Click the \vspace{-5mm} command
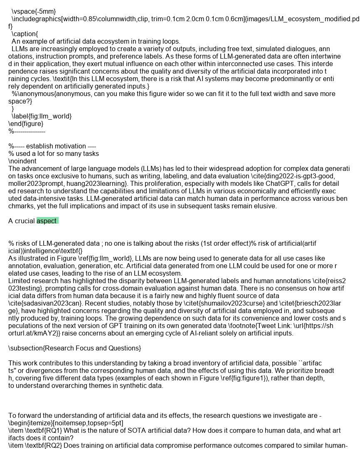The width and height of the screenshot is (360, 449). [x=34, y=11]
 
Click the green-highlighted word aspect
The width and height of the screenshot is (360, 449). [x=47, y=221]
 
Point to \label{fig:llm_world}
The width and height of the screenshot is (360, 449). [x=42, y=116]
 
